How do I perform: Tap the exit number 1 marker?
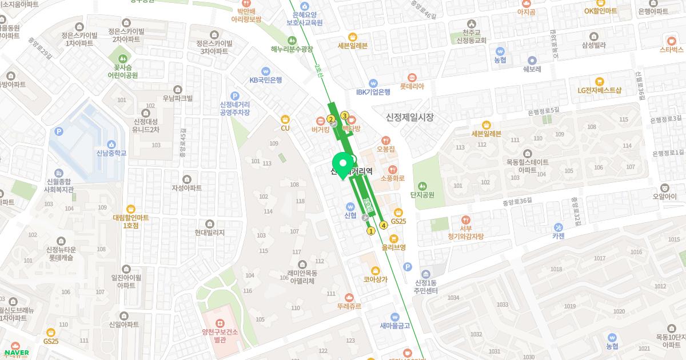370,231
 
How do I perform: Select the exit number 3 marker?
345,115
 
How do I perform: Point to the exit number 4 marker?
384,225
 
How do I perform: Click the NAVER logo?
15,353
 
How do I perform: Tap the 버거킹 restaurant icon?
321,120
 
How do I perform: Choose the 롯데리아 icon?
412,77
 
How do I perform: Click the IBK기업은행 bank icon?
373,82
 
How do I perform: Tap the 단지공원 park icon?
422,185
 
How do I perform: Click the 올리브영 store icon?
394,238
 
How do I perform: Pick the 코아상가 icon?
375,270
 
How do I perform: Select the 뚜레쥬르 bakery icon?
349,297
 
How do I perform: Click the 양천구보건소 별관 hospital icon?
220,317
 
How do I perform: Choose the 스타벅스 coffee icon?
672,40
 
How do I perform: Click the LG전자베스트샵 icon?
599,81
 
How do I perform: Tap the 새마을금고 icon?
395,317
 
